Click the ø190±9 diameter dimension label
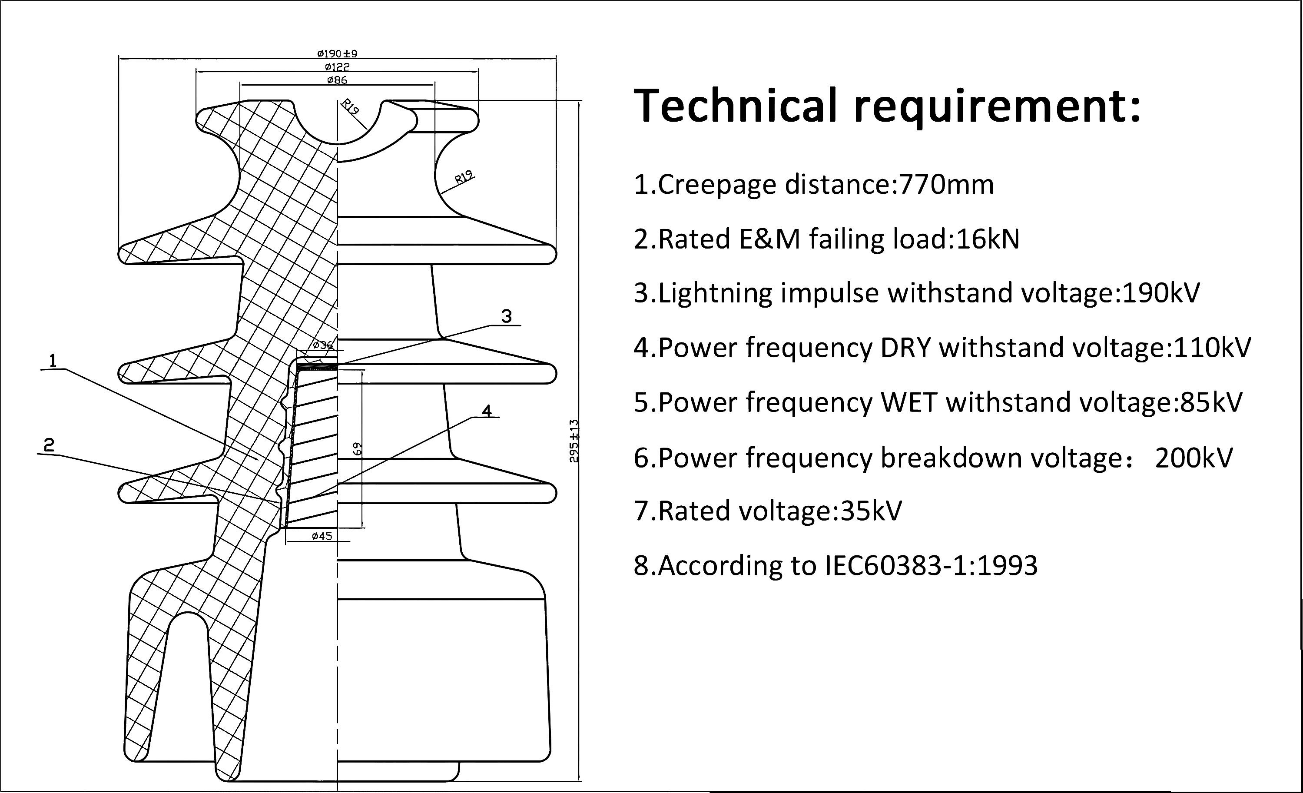tap(338, 53)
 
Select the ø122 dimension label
tap(338, 66)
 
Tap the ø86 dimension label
tap(338, 80)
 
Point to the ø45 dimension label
tap(322, 536)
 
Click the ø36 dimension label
tap(322, 345)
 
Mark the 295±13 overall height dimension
tap(574, 441)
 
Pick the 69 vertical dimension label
tap(358, 448)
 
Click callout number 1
tap(53, 361)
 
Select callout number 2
tap(49, 445)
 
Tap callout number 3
tap(507, 316)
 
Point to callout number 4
tap(487, 411)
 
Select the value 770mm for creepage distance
tap(947, 185)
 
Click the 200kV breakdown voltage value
tap(1194, 458)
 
